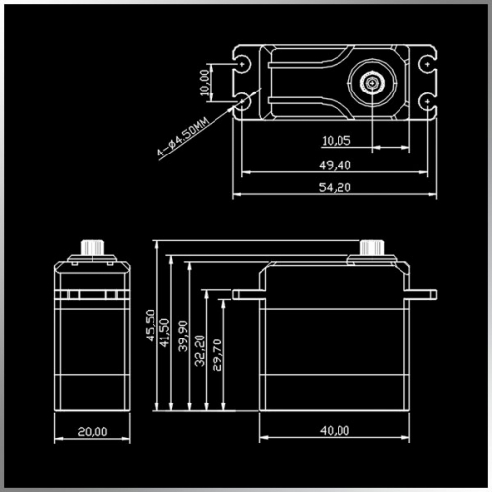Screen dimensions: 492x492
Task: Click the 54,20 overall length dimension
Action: coord(335,187)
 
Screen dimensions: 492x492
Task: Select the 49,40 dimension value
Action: coord(335,165)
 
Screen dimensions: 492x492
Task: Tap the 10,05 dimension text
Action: coord(337,141)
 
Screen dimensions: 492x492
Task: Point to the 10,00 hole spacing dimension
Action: coord(204,83)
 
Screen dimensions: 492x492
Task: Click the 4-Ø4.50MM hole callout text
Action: coord(183,137)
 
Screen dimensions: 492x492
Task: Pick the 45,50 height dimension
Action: coord(151,326)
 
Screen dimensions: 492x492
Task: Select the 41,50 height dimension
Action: coord(164,333)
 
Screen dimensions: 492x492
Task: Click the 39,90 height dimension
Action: coord(183,337)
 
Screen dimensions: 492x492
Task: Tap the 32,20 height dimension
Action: coord(200,350)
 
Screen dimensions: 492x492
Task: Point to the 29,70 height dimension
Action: coord(217,355)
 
